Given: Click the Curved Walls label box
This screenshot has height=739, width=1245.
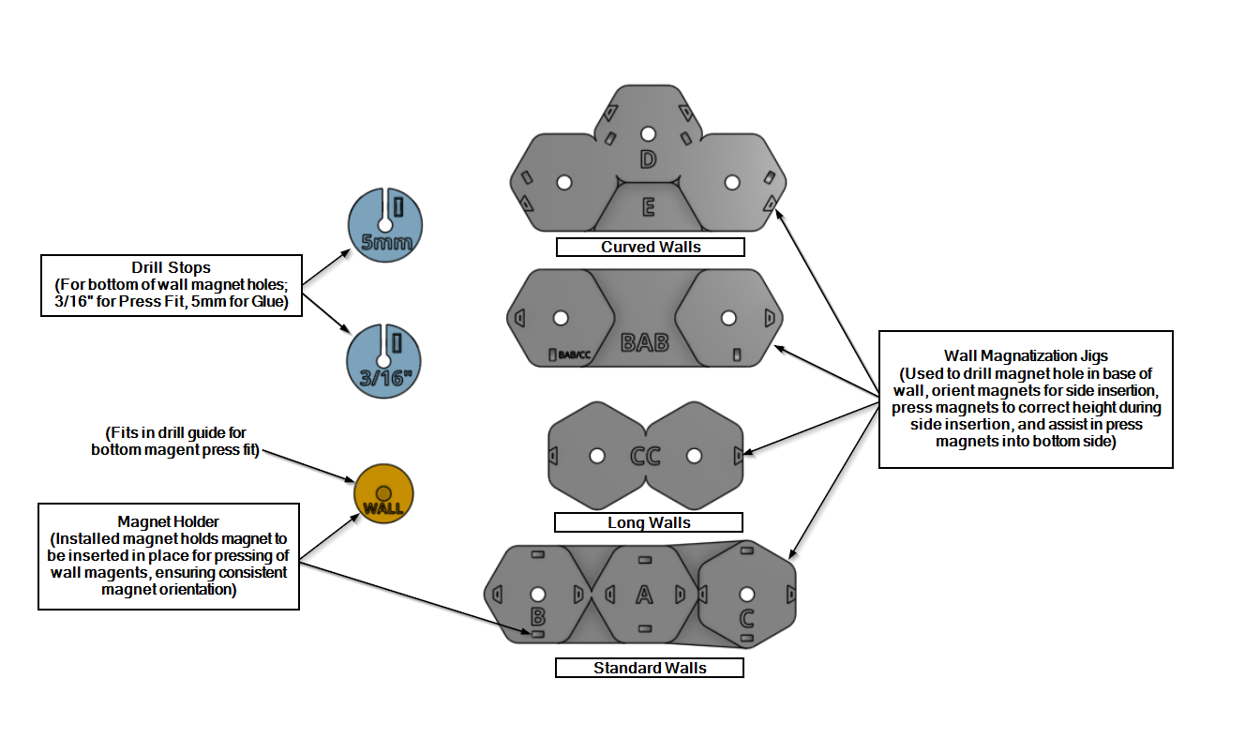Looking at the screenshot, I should coord(650,248).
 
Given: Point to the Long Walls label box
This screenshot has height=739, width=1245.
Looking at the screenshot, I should coord(649,522).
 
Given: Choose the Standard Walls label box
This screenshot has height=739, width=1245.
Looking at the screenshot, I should coord(649,669).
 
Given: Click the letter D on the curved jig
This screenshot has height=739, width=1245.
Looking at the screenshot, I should coord(647,159).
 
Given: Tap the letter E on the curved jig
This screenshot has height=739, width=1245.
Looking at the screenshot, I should coord(648,207).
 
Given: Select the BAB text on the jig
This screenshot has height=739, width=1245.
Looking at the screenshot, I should coord(645,342).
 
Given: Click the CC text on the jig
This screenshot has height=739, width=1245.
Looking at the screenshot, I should coord(645,457).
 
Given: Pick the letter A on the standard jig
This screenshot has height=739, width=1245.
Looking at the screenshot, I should coord(644,594).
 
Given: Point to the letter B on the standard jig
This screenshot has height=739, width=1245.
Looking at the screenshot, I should coord(538,616).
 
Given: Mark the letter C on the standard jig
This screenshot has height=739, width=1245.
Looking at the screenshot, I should coord(747,618).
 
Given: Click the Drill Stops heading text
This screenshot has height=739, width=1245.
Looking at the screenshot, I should coord(171,268).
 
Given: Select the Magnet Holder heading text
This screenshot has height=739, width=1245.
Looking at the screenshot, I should coord(169,520).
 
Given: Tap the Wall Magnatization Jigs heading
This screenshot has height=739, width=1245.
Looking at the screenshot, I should coord(1027,355).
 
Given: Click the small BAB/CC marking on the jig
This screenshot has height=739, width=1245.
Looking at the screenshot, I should coord(573,355).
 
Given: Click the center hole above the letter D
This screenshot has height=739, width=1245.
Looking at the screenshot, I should coord(647,133).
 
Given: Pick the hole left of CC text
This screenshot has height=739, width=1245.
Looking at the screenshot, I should coord(596,456).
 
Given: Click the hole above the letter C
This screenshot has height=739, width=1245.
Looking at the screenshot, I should coord(747,593).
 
